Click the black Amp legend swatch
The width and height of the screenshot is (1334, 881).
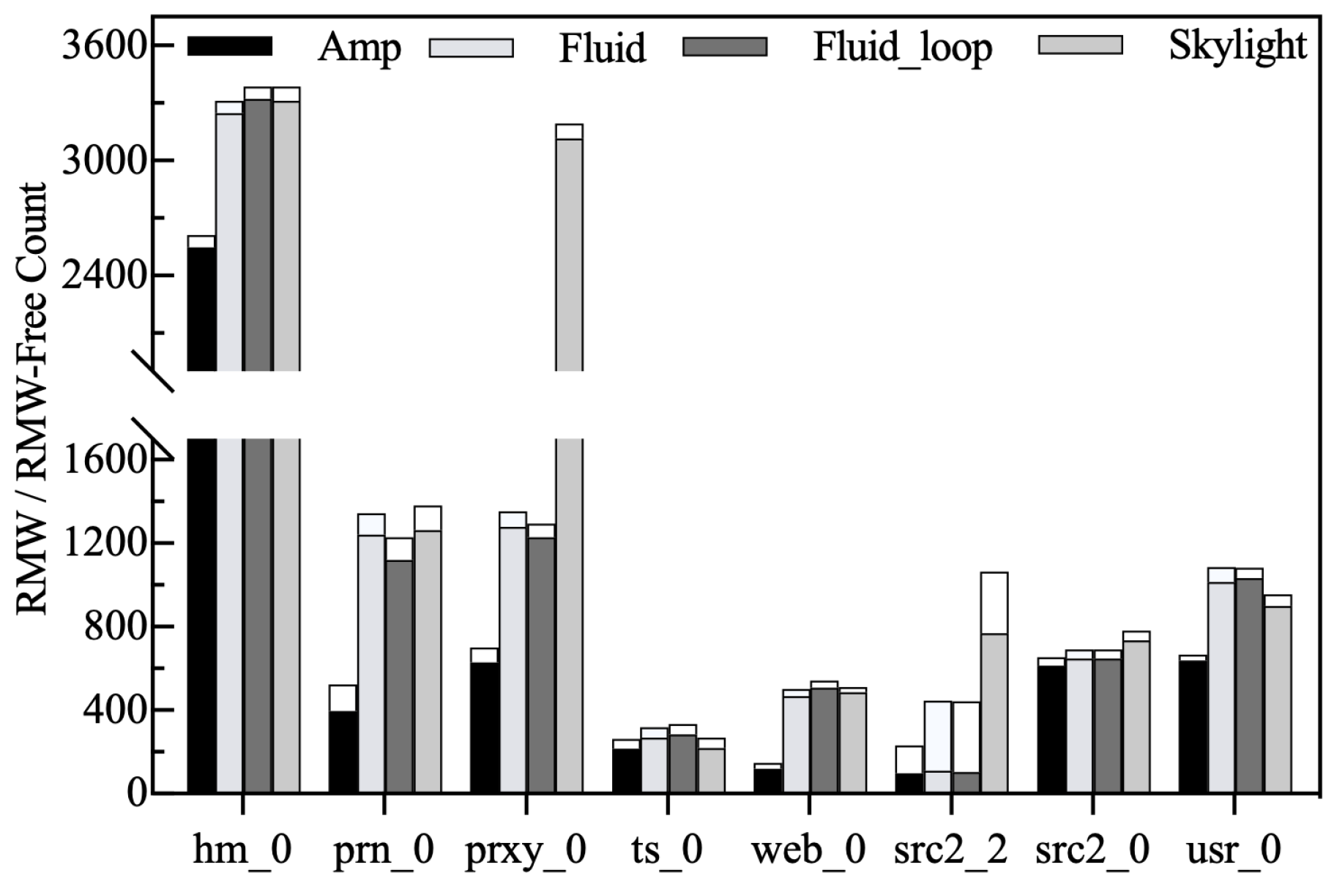pos(230,46)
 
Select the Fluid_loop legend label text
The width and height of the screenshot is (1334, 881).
pos(902,48)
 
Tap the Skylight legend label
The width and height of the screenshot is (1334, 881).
pos(1237,45)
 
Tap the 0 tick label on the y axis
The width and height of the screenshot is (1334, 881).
pos(137,793)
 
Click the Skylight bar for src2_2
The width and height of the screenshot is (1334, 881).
pos(994,713)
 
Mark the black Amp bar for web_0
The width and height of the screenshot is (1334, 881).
pos(767,780)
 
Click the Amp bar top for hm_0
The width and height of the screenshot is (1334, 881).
pos(201,242)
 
